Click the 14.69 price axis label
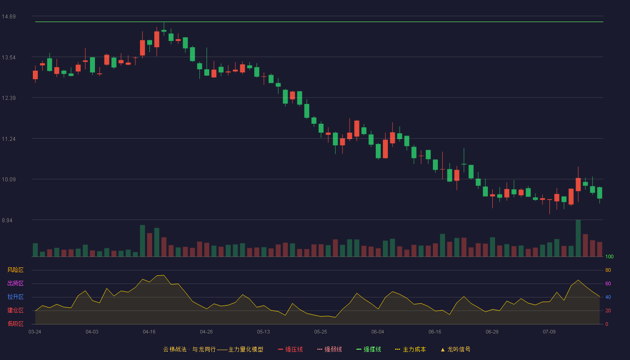coord(9,17)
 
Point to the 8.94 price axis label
coord(7,220)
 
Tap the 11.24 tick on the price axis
coord(9,139)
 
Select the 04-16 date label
coord(149,332)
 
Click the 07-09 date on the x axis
coord(549,332)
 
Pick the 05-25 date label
coord(320,332)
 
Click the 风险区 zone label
coord(15,270)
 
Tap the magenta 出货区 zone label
coord(15,283)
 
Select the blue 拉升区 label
coord(15,297)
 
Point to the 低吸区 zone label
coord(15,324)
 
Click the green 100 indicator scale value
coord(609,256)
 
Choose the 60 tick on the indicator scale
coord(608,283)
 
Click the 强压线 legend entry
coord(290,350)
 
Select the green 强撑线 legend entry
coord(369,350)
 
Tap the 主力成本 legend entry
coord(410,350)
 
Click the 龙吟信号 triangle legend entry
coord(455,350)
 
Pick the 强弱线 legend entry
coord(329,350)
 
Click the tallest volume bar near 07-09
coord(578,238)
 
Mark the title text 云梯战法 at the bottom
coord(175,350)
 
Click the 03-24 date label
coord(35,332)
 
